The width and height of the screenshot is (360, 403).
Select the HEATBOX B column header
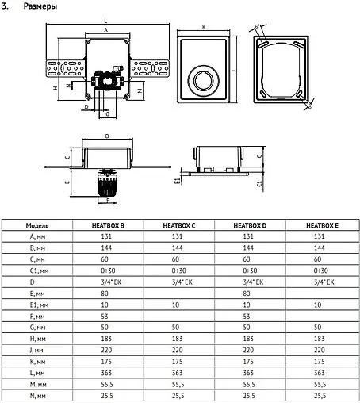[108, 225]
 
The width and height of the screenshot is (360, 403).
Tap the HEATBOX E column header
[321, 225]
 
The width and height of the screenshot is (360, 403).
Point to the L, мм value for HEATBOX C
[178, 371]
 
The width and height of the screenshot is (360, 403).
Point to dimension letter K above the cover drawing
[205, 27]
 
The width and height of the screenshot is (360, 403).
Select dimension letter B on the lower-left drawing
[107, 136]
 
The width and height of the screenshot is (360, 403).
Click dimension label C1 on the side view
[261, 182]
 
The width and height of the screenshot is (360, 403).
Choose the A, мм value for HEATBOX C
[178, 236]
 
